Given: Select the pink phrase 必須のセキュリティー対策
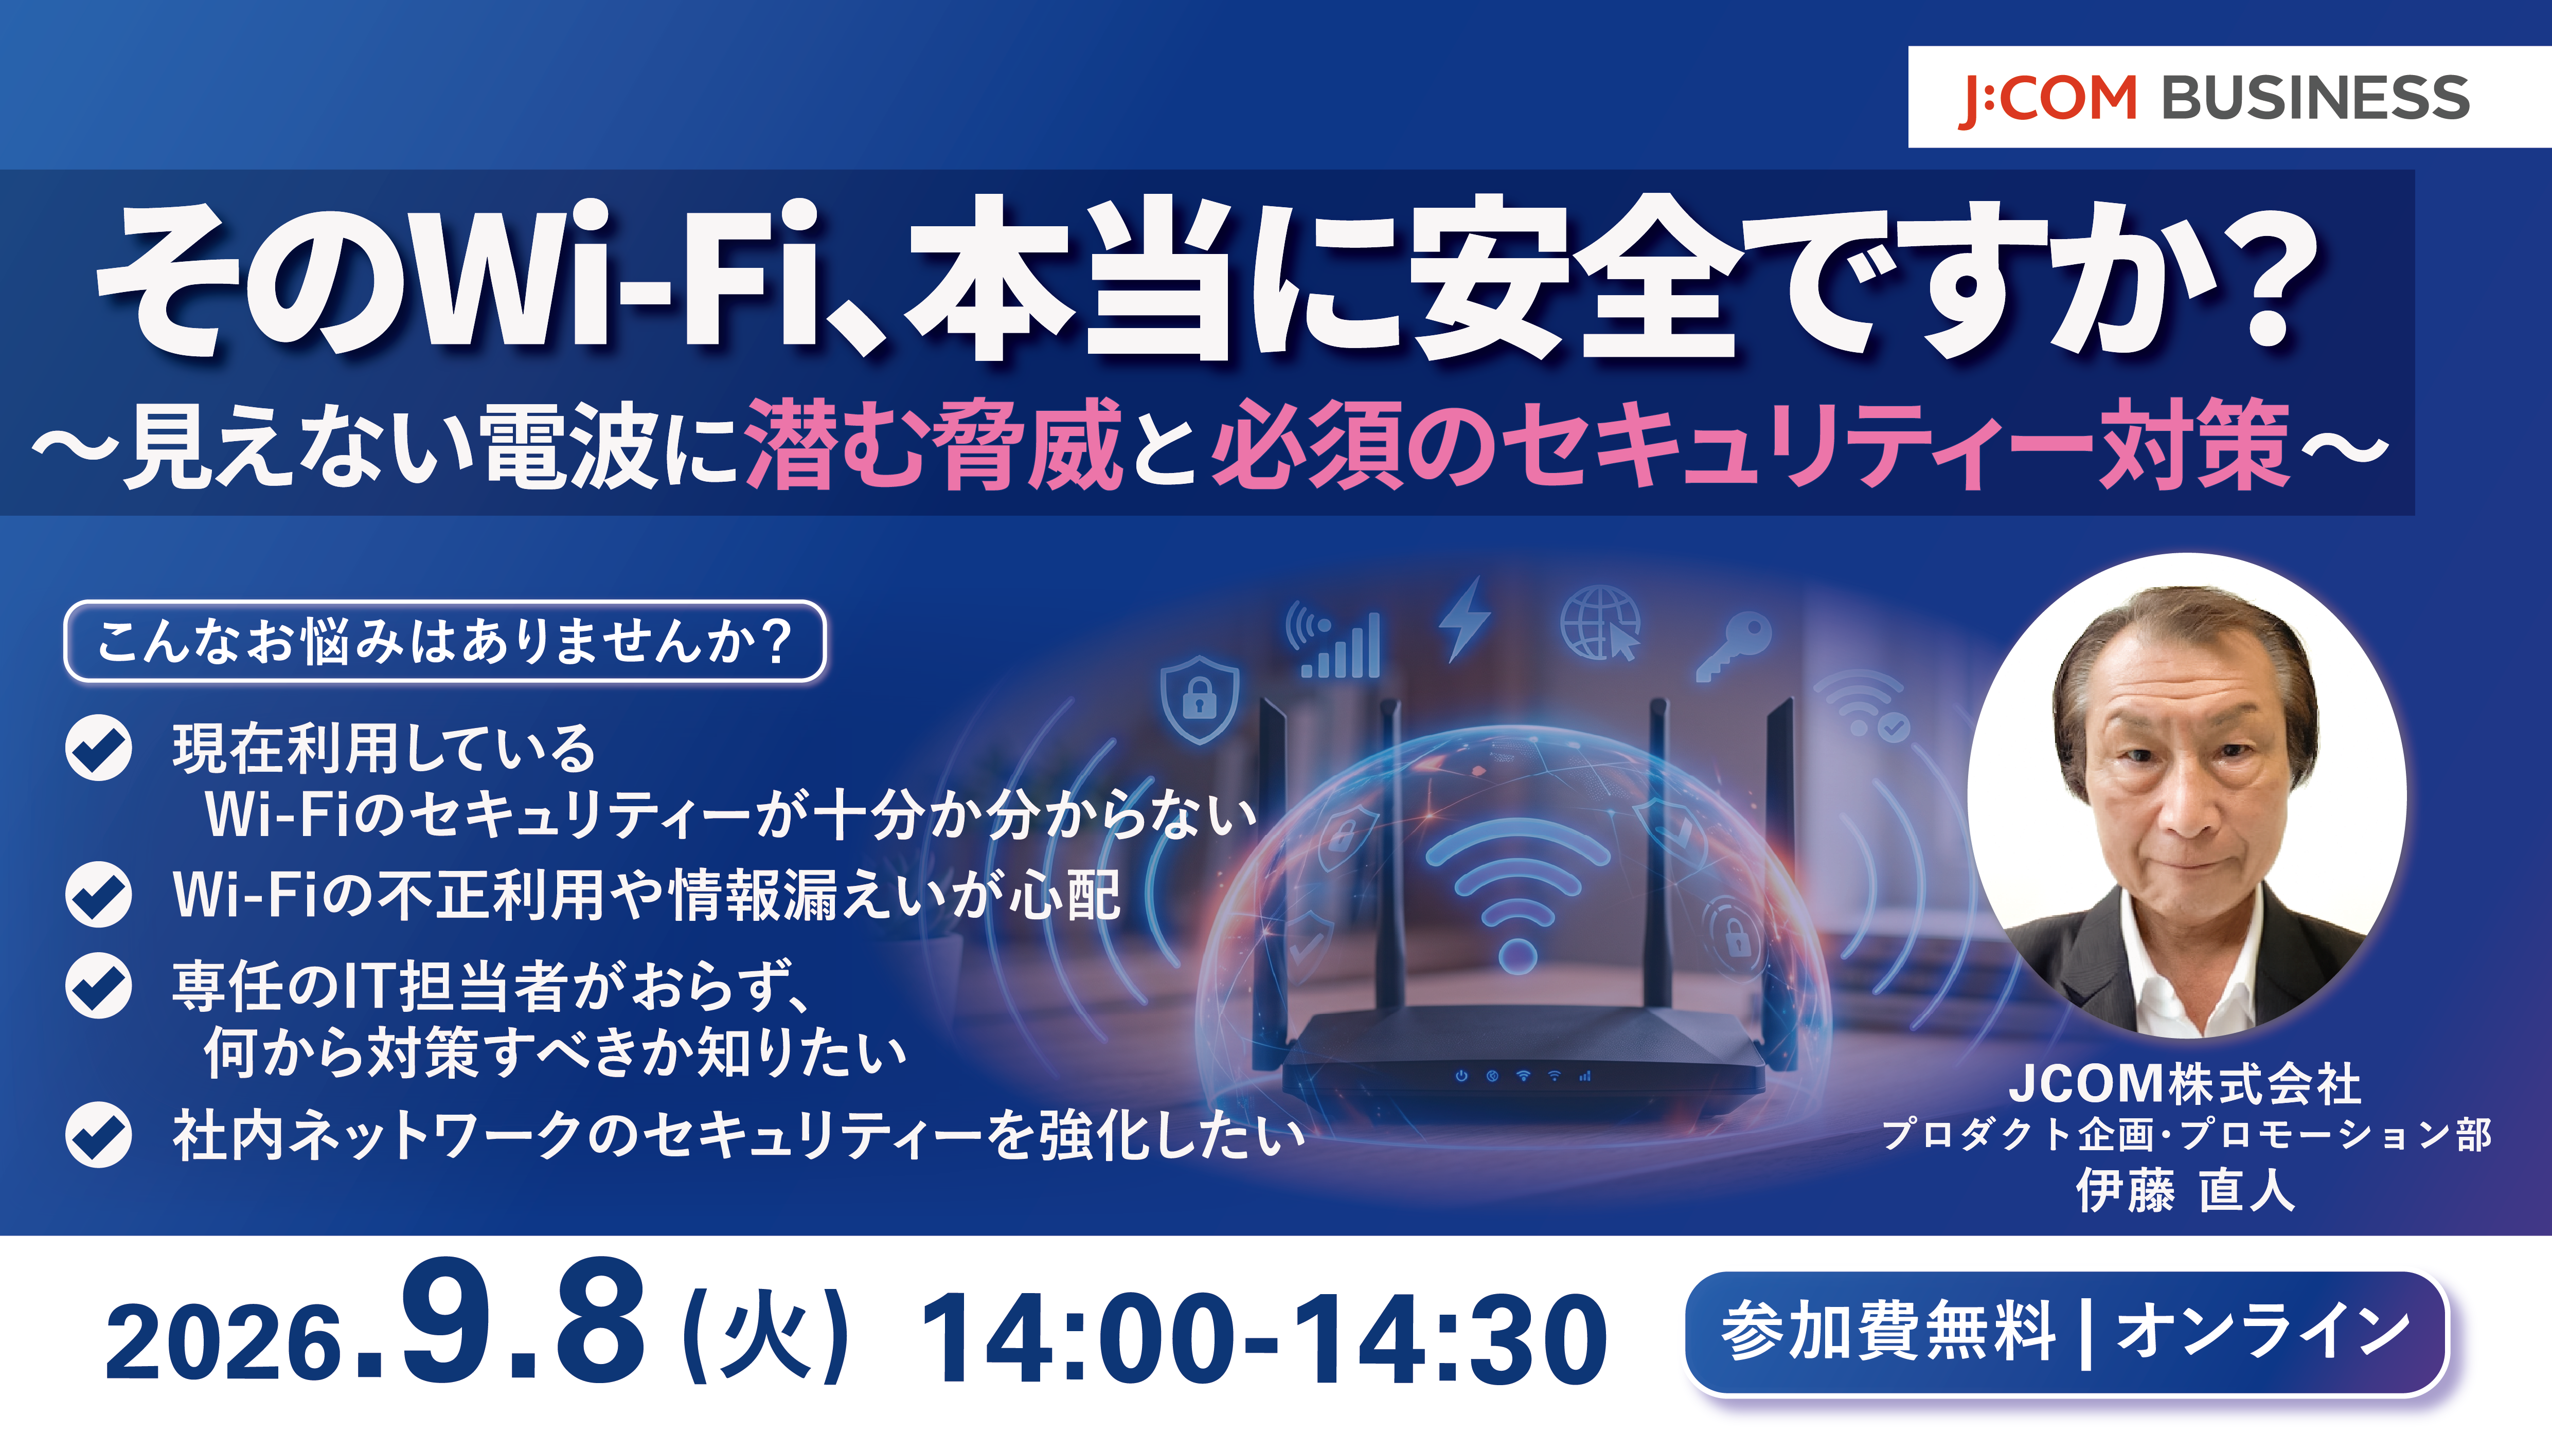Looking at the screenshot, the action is (x=1751, y=445).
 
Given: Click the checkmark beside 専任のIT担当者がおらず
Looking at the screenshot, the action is (x=98, y=986).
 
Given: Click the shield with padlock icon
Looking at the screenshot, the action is (x=1199, y=698).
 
